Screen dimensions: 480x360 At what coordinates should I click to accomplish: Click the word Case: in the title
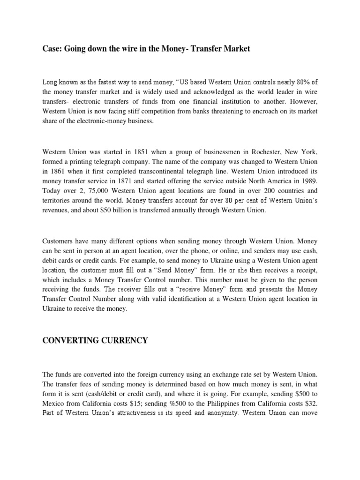52,49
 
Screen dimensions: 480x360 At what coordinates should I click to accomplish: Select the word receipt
304,270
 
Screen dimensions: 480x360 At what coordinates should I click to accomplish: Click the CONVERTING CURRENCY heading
95,340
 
